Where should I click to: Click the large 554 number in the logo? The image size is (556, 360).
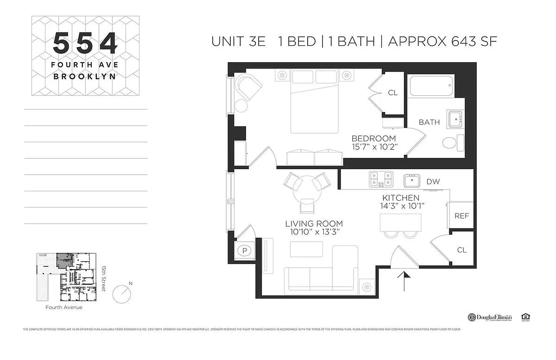point(85,44)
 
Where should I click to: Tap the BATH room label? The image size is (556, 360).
point(429,122)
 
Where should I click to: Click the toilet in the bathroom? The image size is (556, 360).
point(452,143)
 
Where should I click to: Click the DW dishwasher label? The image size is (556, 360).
point(433,181)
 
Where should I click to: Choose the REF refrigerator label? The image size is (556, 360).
point(461,216)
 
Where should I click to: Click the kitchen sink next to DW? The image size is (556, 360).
point(412,181)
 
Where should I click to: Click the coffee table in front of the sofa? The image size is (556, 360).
point(306,249)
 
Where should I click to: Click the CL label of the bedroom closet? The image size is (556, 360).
point(393,93)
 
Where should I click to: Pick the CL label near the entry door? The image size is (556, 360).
point(462,250)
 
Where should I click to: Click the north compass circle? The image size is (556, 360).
point(122,294)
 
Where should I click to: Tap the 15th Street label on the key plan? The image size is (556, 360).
point(103,278)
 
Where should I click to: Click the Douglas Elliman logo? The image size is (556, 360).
point(489,317)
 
